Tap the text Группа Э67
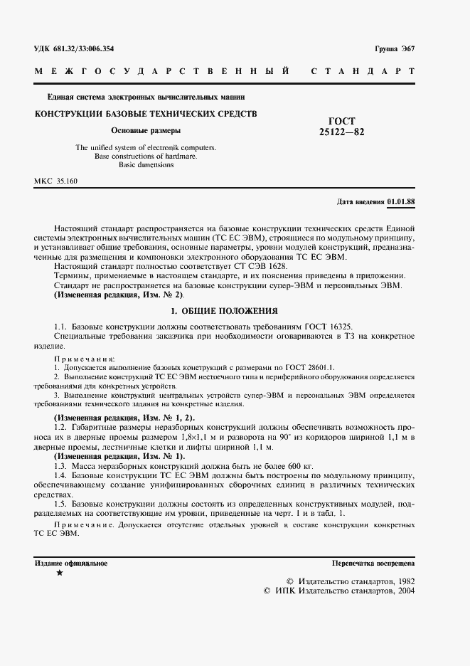click(395, 48)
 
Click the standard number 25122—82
click(342, 132)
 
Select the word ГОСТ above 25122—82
click(342, 121)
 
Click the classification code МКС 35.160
click(56, 181)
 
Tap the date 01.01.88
click(401, 201)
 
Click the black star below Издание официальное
click(59, 573)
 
